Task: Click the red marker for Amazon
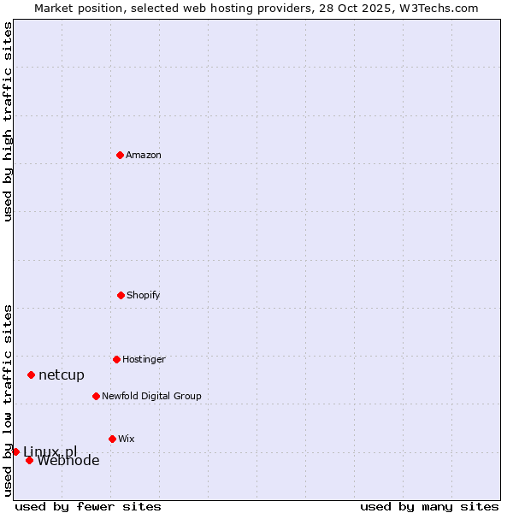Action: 121,155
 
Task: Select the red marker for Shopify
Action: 121,295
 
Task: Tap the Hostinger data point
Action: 116,359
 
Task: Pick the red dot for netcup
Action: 31,374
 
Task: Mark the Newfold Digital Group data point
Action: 96,396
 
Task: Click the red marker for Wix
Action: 112,439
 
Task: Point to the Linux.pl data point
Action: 15,451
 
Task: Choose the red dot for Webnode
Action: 29,460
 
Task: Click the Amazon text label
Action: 144,155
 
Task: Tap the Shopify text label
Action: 144,295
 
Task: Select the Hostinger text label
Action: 144,359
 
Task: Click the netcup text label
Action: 62,374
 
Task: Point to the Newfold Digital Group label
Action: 151,396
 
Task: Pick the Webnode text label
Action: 68,461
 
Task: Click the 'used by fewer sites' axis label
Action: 88,506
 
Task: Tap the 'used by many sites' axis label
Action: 429,506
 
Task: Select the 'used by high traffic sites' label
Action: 8,121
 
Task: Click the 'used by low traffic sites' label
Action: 8,399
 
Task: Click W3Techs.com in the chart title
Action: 440,8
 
